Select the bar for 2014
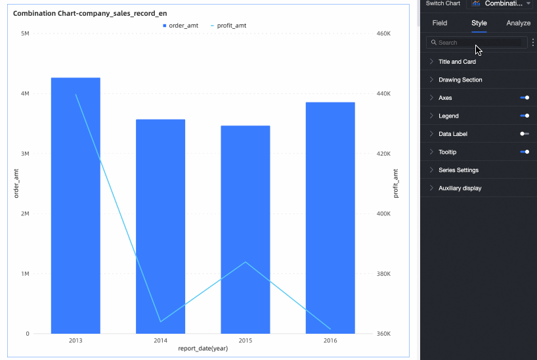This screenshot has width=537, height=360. (x=160, y=226)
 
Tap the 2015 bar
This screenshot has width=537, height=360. (x=245, y=229)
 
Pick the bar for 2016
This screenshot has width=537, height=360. (x=330, y=217)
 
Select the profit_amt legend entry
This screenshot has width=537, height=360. (x=228, y=26)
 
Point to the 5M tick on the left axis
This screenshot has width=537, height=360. (x=25, y=33)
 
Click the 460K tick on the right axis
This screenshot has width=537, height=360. (x=384, y=33)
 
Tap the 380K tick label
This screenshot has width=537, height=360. (x=384, y=274)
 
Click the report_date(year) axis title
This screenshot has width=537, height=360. (x=203, y=349)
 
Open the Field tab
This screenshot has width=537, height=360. (x=440, y=23)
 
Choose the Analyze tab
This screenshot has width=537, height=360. (x=519, y=23)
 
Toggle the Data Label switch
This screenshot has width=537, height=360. (x=525, y=134)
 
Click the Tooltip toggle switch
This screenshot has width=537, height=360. (x=525, y=152)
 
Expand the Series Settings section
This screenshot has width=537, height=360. (x=458, y=170)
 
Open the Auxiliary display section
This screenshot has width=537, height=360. (x=460, y=188)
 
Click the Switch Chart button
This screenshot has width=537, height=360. (x=443, y=3)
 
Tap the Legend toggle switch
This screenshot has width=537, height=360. (x=525, y=116)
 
